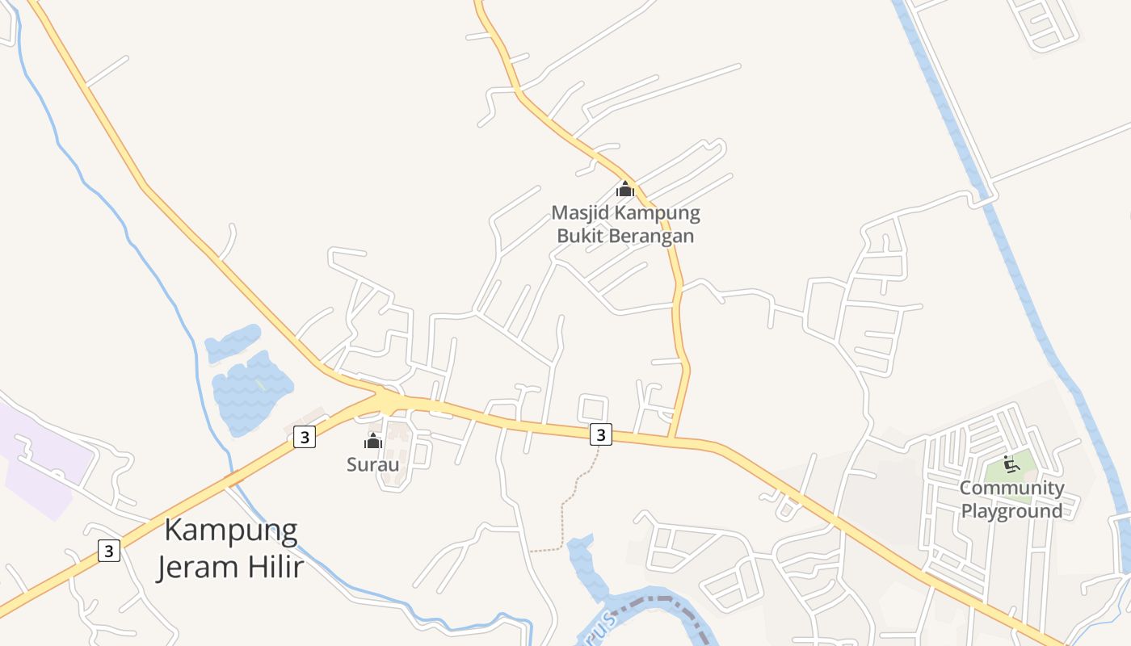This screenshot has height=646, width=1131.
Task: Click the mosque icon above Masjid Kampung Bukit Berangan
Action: pos(624,189)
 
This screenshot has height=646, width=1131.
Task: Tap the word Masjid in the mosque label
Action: pos(580,213)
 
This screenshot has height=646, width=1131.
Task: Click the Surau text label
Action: pos(372,464)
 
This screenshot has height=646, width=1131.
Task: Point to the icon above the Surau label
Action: pos(372,441)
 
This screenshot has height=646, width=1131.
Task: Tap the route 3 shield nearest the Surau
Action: pos(304,438)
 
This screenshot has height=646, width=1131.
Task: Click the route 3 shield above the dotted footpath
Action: pos(600,434)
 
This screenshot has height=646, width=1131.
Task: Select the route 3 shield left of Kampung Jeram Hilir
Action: pos(109,551)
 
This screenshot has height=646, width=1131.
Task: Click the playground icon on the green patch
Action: pos(1010,464)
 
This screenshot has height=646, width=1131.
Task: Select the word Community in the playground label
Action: pos(1011,488)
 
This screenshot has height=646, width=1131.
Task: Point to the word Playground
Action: pos(1011,511)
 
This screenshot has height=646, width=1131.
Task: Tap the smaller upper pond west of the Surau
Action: pos(233,342)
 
